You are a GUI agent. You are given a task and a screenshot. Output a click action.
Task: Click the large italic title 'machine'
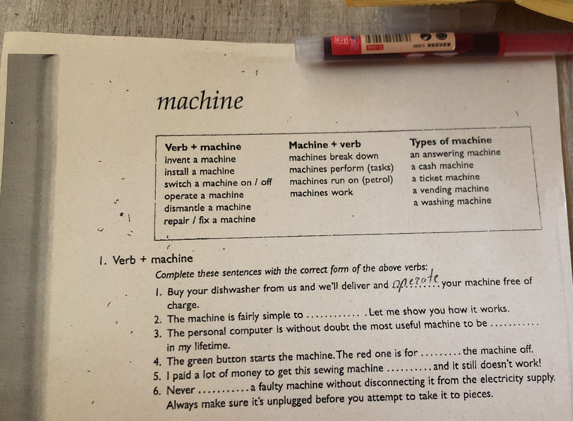(x=200, y=101)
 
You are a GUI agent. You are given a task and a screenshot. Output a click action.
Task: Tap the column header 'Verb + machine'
(x=203, y=147)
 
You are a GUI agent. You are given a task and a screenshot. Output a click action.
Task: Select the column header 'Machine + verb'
(x=325, y=145)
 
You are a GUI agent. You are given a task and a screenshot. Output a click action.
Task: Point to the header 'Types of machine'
(x=450, y=141)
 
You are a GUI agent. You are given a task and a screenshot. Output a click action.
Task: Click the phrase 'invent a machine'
(x=200, y=159)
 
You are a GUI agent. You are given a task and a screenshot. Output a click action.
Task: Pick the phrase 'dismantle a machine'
(x=208, y=208)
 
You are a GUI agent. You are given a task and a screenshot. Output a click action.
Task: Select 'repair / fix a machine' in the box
(x=209, y=220)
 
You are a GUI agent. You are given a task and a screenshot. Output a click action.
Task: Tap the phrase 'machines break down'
(x=334, y=156)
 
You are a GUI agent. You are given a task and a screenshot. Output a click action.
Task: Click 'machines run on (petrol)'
(x=341, y=181)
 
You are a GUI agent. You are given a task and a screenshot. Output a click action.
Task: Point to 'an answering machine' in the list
(x=455, y=153)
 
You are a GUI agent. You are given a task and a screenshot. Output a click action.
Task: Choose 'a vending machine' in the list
(x=450, y=190)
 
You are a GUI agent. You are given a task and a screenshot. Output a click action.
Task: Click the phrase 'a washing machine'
(x=452, y=202)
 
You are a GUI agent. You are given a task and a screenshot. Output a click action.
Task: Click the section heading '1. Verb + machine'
(x=146, y=259)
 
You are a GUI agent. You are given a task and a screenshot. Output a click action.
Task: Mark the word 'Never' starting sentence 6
(x=181, y=391)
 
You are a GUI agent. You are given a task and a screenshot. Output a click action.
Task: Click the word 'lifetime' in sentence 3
(x=211, y=346)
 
